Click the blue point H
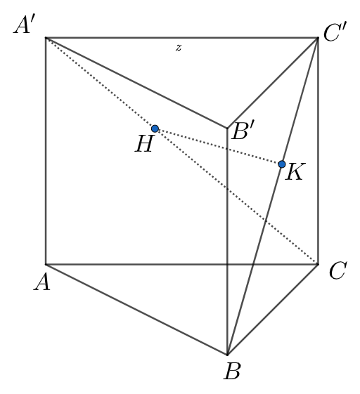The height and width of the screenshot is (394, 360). pos(155,129)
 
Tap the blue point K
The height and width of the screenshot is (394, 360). pos(281,164)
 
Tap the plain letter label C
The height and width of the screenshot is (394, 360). pos(336,271)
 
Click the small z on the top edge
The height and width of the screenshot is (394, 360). pos(179,48)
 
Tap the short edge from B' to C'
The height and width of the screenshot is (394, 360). pos(273,83)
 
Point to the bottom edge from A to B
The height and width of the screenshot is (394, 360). pos(134,308)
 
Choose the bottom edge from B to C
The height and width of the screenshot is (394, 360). pos(273,310)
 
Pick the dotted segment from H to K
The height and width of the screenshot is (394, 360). pos(218,146)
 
